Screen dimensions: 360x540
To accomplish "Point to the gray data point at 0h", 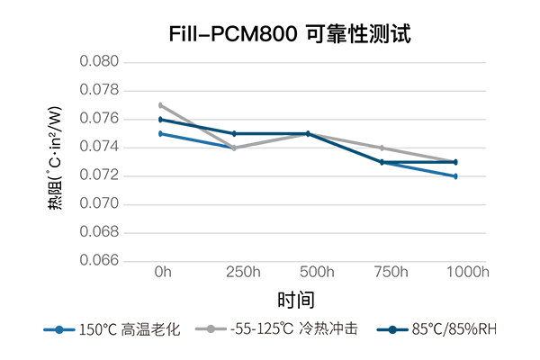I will [x=160, y=105].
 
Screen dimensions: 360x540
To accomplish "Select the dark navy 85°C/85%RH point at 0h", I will [x=160, y=120].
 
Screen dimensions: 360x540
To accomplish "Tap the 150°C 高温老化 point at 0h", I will [x=160, y=133].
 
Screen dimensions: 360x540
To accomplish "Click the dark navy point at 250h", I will [x=234, y=133].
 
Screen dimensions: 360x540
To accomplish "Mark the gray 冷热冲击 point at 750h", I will [x=382, y=148].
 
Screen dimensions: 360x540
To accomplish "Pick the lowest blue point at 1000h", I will [x=455, y=176].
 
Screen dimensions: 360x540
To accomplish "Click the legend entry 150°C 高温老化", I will [x=112, y=329].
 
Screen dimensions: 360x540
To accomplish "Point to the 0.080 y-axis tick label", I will [x=99, y=62].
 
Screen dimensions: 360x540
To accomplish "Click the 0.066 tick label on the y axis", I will [x=99, y=261].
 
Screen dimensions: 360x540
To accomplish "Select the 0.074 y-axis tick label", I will [x=99, y=148].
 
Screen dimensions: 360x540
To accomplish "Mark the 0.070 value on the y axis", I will [x=99, y=204].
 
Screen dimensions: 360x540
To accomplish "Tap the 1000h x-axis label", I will [x=469, y=272].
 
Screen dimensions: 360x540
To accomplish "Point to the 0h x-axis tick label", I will [x=163, y=272].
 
